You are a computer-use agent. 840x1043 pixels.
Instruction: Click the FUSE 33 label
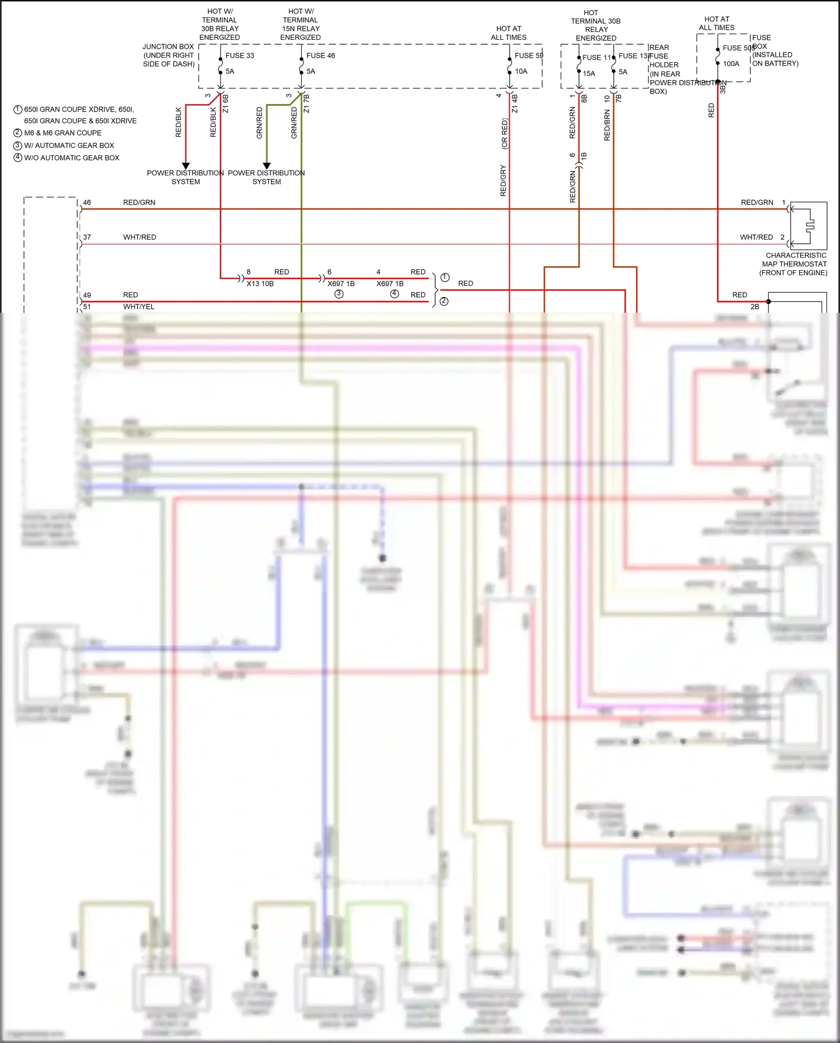[x=240, y=55]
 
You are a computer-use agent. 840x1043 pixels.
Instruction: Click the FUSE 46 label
[x=320, y=55]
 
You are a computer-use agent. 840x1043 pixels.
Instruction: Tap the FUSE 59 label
[x=529, y=55]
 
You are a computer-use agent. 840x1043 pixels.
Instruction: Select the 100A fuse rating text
[x=731, y=64]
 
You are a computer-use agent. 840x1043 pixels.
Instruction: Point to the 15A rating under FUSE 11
[x=589, y=73]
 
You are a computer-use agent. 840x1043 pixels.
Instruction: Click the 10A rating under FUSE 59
[x=521, y=71]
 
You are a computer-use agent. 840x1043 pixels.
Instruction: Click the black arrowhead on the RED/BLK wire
[x=186, y=166]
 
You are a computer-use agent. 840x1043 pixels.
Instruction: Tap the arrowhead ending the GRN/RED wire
[x=267, y=166]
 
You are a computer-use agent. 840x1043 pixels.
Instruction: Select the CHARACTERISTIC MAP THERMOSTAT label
[x=794, y=264]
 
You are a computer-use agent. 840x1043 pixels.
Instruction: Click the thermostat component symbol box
[x=809, y=226]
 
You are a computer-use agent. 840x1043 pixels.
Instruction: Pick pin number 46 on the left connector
[x=87, y=202]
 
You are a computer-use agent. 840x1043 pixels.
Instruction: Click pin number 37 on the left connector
[x=87, y=237]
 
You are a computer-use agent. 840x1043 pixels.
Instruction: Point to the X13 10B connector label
[x=260, y=284]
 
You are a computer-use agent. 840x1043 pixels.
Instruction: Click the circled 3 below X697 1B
[x=339, y=294]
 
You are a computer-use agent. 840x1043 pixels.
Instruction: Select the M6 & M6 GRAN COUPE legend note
[x=62, y=133]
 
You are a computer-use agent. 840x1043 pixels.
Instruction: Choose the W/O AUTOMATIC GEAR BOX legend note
[x=71, y=158]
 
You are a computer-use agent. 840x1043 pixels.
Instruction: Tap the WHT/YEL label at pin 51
[x=139, y=307]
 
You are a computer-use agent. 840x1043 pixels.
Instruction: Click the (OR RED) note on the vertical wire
[x=505, y=133]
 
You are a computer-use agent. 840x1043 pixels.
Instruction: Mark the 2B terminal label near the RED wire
[x=754, y=307]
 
